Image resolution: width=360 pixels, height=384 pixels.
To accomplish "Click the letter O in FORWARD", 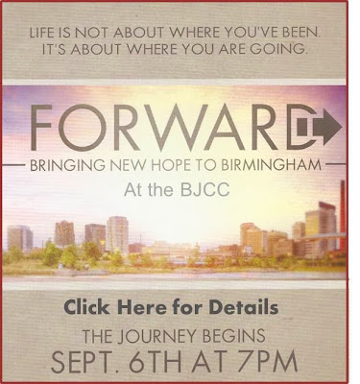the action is tap(75, 128).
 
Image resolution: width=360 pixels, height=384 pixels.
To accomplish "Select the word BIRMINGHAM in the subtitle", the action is tap(271, 165).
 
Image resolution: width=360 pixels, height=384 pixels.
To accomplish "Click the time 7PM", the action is tap(269, 361).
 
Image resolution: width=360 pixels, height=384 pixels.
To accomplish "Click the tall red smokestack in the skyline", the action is tap(343, 214).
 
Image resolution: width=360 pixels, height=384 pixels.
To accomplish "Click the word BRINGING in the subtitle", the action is tap(67, 165).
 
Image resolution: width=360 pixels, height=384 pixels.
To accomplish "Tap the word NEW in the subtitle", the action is tap(128, 165).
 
